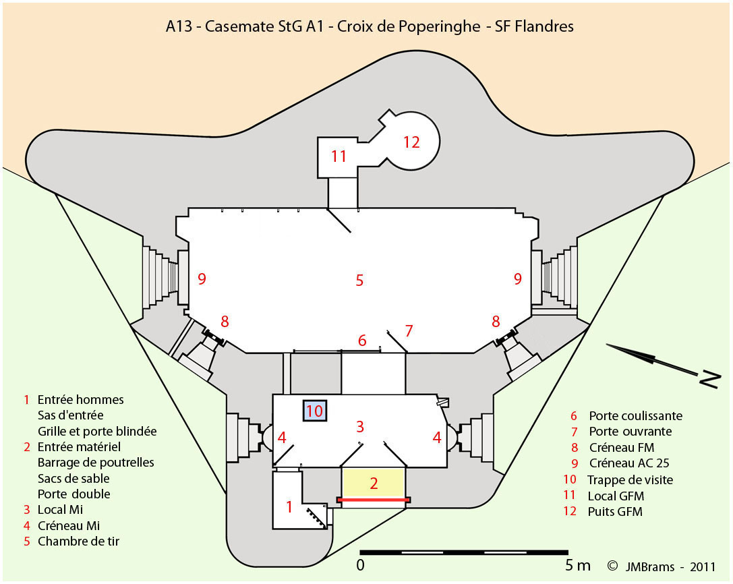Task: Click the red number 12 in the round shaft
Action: point(411,142)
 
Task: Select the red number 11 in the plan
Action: point(339,156)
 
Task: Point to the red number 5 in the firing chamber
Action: point(359,280)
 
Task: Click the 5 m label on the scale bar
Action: point(577,564)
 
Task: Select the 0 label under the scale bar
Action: point(361,564)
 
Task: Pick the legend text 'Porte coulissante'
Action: point(635,416)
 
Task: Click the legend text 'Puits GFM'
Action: point(616,511)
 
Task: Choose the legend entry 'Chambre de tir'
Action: point(78,541)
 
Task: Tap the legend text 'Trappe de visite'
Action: point(630,479)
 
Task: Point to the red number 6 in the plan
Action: point(362,341)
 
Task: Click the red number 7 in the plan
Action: point(408,331)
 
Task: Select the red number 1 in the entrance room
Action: point(289,507)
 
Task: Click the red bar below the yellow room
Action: point(373,500)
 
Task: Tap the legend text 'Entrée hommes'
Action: point(80,400)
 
